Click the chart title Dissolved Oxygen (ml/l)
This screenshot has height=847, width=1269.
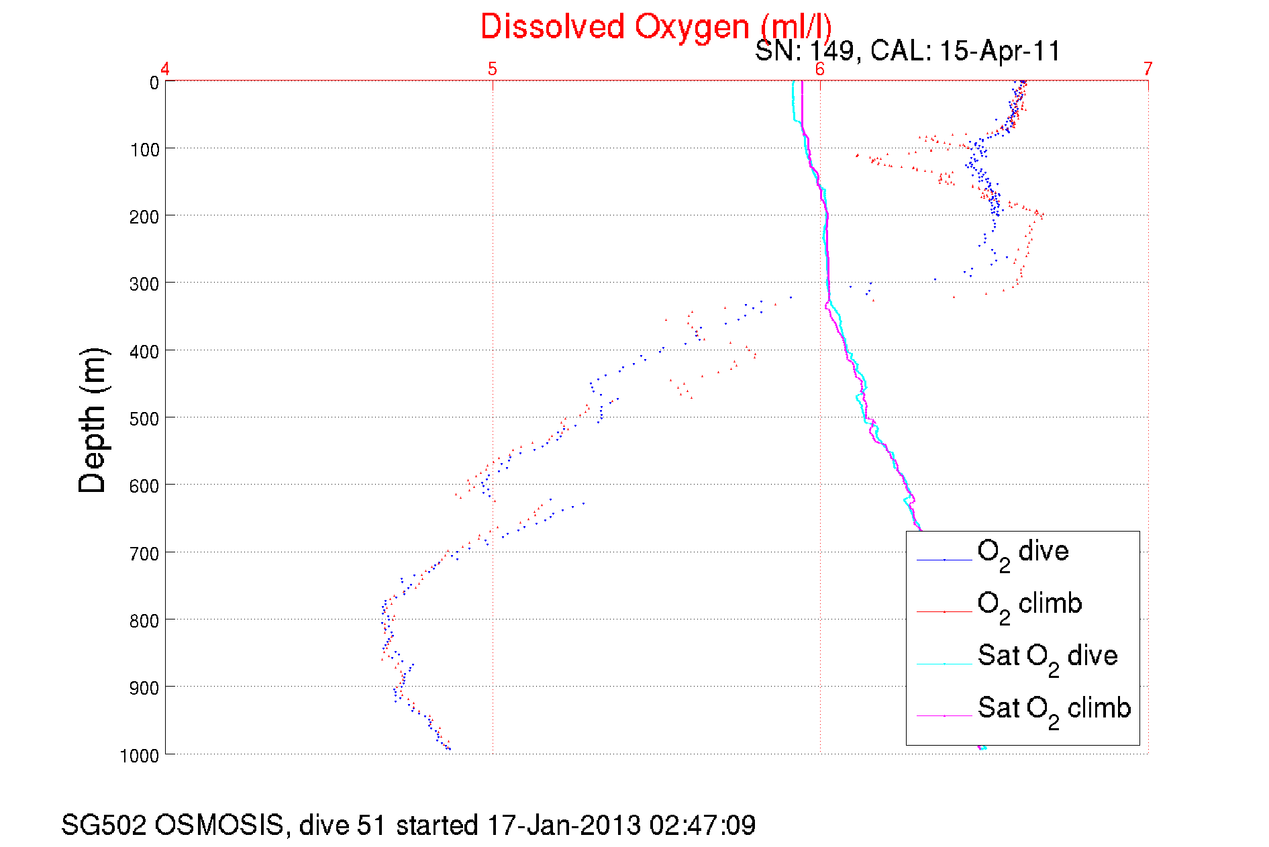pyautogui.click(x=656, y=28)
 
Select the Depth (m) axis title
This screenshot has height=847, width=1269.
pyautogui.click(x=93, y=421)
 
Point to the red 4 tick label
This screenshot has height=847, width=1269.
pyautogui.click(x=165, y=69)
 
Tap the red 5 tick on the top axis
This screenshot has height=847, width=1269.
pyautogui.click(x=493, y=69)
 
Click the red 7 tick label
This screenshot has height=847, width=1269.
pyautogui.click(x=1148, y=69)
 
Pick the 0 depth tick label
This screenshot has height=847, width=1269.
pyautogui.click(x=154, y=83)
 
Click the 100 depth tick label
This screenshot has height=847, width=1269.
pyautogui.click(x=145, y=150)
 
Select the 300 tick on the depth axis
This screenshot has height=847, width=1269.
pyautogui.click(x=145, y=284)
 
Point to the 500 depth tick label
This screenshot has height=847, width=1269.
pyautogui.click(x=145, y=419)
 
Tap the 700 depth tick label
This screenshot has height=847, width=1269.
pyautogui.click(x=145, y=554)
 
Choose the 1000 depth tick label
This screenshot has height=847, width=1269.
pyautogui.click(x=140, y=756)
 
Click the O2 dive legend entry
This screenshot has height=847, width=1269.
pyautogui.click(x=1023, y=553)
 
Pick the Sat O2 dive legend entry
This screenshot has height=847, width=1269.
pyautogui.click(x=1047, y=657)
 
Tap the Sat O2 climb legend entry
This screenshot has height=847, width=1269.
pyautogui.click(x=1054, y=709)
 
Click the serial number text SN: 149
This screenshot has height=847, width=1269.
pyautogui.click(x=804, y=51)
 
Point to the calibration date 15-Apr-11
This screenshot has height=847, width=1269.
pyautogui.click(x=999, y=51)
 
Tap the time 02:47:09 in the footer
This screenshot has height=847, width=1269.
pyautogui.click(x=702, y=826)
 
